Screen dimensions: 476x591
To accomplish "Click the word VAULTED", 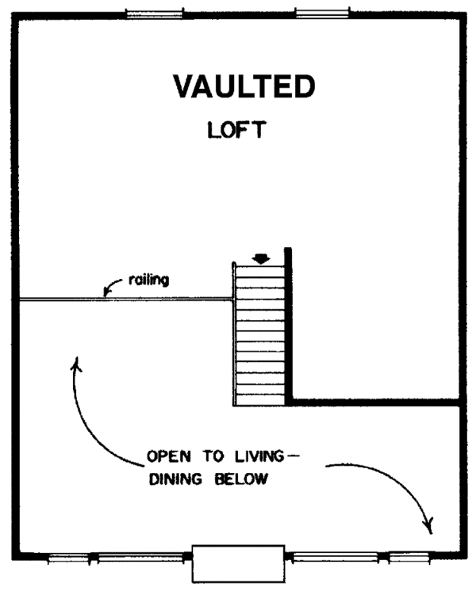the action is [x=244, y=86].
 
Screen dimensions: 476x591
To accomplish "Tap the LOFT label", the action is [x=236, y=130].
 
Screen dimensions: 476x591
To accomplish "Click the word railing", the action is [x=148, y=280].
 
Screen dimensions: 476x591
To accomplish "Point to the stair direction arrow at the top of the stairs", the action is [x=261, y=259].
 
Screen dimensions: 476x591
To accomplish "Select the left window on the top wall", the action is [x=154, y=13].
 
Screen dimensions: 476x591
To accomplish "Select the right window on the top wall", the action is [x=322, y=13].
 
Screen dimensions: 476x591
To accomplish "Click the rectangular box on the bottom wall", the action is [x=239, y=563].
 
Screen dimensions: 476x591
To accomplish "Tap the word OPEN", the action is [x=169, y=456].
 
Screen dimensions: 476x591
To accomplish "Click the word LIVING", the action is [x=259, y=456].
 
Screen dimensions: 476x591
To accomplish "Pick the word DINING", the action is [x=175, y=479].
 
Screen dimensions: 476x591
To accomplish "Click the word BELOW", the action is [x=242, y=479].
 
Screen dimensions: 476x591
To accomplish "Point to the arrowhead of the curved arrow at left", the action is [x=77, y=364].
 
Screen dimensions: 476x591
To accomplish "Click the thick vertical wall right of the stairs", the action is [x=288, y=326].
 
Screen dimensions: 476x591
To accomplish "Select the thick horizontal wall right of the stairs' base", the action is [x=375, y=402].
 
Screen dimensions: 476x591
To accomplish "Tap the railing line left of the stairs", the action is [x=125, y=299].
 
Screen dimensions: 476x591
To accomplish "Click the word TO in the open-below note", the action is [x=213, y=456].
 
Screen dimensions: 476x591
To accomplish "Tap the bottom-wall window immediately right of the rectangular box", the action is [x=336, y=556].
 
